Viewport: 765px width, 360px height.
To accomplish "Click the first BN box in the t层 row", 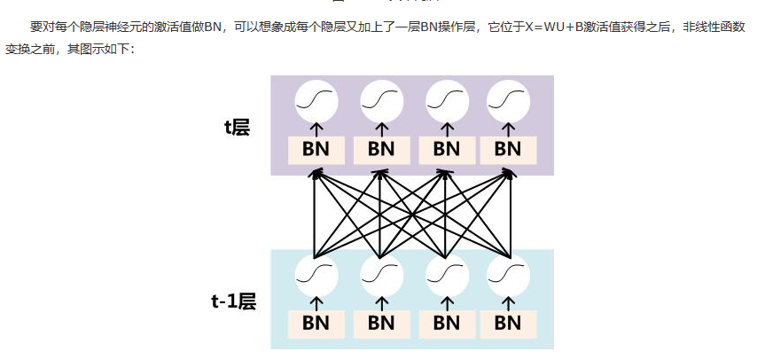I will (316, 149).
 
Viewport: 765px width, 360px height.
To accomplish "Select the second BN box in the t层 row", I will (380, 149).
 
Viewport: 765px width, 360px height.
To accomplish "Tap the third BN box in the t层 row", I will (446, 149).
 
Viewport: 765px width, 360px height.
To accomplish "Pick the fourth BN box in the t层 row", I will (508, 149).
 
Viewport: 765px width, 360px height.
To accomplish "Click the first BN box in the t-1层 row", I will (316, 323).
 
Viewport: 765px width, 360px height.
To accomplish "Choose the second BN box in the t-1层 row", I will (380, 323).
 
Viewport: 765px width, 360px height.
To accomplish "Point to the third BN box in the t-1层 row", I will (446, 323).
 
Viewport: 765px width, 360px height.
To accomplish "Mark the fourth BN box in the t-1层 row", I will (508, 323).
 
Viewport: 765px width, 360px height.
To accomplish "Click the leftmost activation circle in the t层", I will (316, 101).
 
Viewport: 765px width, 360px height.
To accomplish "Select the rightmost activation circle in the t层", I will (509, 101).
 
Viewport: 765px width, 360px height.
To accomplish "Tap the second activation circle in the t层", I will (381, 101).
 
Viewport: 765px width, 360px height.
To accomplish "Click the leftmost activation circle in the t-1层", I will (316, 275).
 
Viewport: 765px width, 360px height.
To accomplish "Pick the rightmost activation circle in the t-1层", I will (509, 275).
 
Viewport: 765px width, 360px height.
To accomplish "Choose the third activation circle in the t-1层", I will (446, 275).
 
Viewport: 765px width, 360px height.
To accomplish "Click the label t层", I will (237, 128).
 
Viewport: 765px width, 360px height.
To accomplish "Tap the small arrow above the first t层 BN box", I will (316, 129).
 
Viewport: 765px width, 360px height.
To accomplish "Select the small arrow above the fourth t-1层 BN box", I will (509, 303).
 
